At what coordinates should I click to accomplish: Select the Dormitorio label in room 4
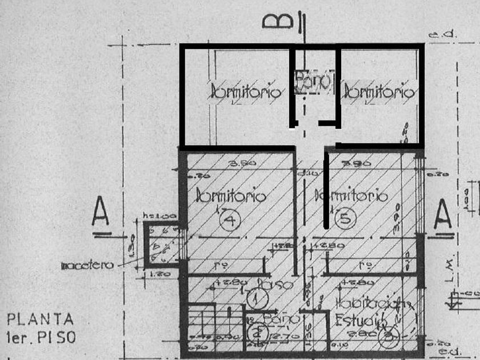[x=231, y=197]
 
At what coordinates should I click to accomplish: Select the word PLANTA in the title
[x=40, y=319]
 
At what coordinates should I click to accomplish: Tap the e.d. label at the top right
[x=443, y=35]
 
